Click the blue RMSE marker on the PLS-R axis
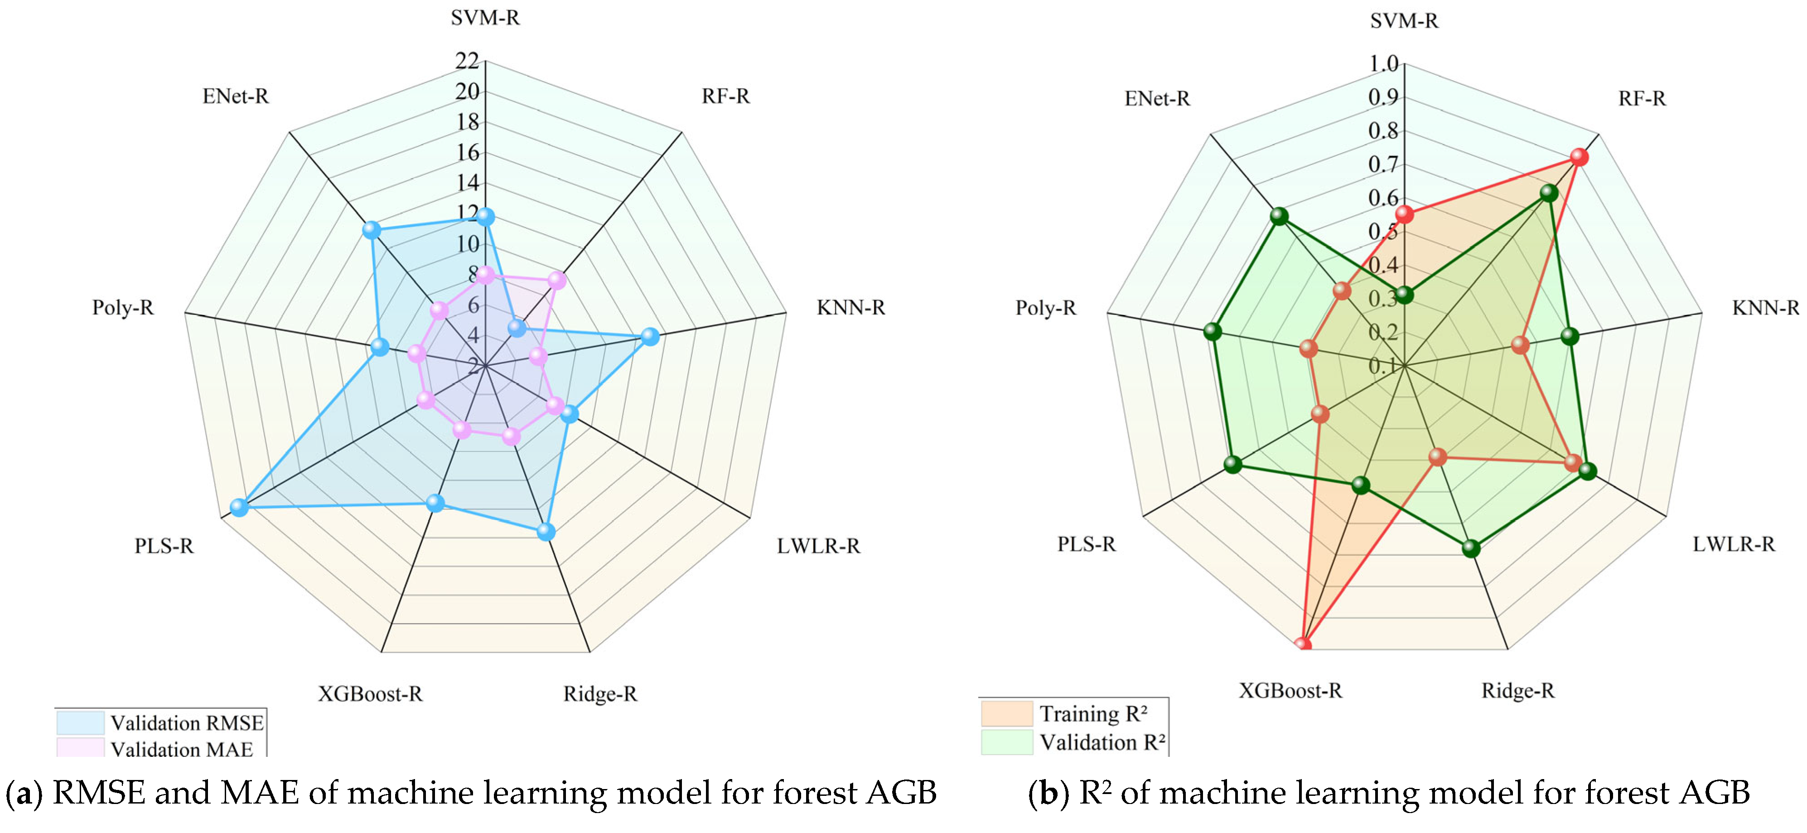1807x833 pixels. tap(239, 507)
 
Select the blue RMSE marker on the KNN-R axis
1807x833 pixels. tap(650, 337)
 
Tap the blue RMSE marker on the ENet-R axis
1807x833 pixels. tap(371, 229)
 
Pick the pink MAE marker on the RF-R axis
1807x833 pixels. tap(556, 281)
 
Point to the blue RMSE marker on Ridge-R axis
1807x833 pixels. tap(546, 532)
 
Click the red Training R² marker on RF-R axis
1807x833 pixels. tap(1578, 157)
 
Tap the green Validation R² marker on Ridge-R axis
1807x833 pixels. tap(1471, 548)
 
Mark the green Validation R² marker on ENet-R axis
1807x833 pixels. tap(1280, 217)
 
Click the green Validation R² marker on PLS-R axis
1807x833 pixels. tap(1232, 464)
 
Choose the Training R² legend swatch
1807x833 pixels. tap(1007, 713)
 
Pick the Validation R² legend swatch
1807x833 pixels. tap(1007, 742)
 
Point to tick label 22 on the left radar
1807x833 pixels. tap(467, 61)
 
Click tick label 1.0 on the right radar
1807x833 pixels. tap(1383, 64)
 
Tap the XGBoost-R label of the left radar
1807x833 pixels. tap(370, 694)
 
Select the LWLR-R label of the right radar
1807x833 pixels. tap(1733, 544)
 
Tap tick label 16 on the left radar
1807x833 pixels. tap(467, 152)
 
